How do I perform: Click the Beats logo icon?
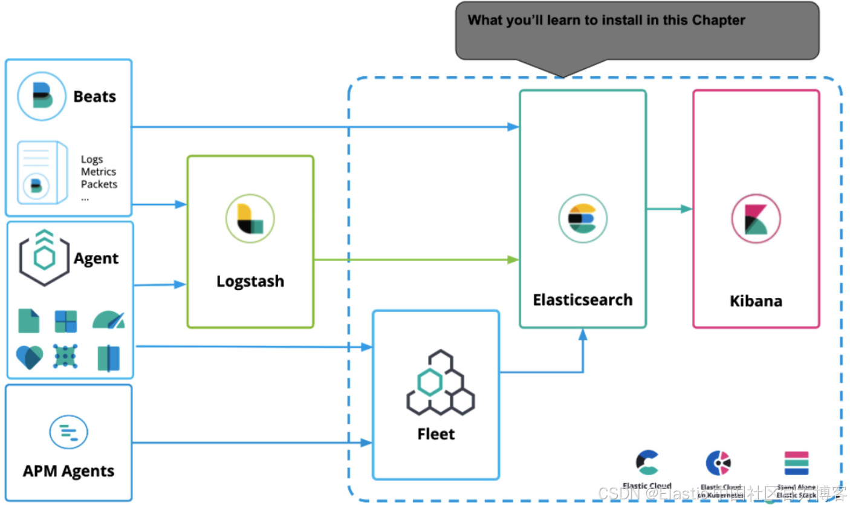click(x=41, y=96)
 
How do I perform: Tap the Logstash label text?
click(x=250, y=281)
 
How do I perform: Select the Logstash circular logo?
click(x=250, y=218)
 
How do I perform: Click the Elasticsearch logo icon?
click(x=582, y=218)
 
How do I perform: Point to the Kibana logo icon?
click(x=756, y=218)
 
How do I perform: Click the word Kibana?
click(x=756, y=301)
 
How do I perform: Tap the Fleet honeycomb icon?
click(x=440, y=383)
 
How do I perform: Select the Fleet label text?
click(x=436, y=434)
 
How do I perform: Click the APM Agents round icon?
click(x=68, y=432)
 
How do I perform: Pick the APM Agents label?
click(x=68, y=471)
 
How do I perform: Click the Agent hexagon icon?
click(x=45, y=258)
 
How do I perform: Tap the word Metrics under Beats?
click(x=99, y=172)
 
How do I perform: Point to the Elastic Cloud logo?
click(x=647, y=463)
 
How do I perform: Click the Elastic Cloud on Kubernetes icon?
click(x=719, y=463)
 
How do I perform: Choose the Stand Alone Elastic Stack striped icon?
click(x=796, y=463)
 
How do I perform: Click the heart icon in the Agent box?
click(x=30, y=357)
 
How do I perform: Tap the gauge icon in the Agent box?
click(x=109, y=320)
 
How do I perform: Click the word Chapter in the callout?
click(x=718, y=20)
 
